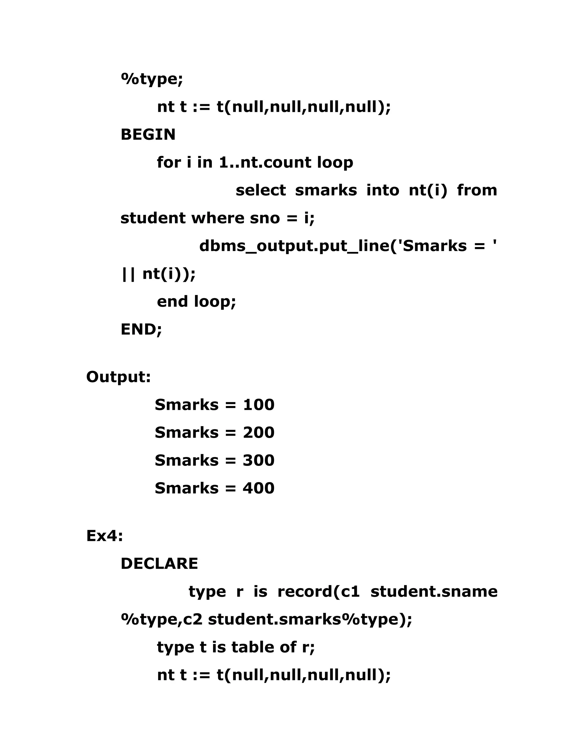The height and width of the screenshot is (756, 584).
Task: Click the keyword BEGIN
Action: click(x=148, y=134)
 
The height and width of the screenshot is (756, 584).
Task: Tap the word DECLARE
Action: click(x=159, y=563)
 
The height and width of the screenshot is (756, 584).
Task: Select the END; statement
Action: click(x=141, y=329)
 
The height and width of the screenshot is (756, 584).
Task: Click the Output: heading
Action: click(x=118, y=377)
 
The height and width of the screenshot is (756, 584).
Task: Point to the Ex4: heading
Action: click(x=104, y=536)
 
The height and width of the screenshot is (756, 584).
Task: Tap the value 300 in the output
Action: click(x=258, y=460)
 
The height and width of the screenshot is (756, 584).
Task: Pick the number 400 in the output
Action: click(x=258, y=488)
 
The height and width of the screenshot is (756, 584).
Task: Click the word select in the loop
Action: click(x=261, y=190)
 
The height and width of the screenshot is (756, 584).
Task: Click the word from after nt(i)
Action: click(x=477, y=190)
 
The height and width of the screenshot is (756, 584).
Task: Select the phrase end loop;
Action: click(x=196, y=302)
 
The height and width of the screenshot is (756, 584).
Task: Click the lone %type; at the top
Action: click(x=151, y=79)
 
